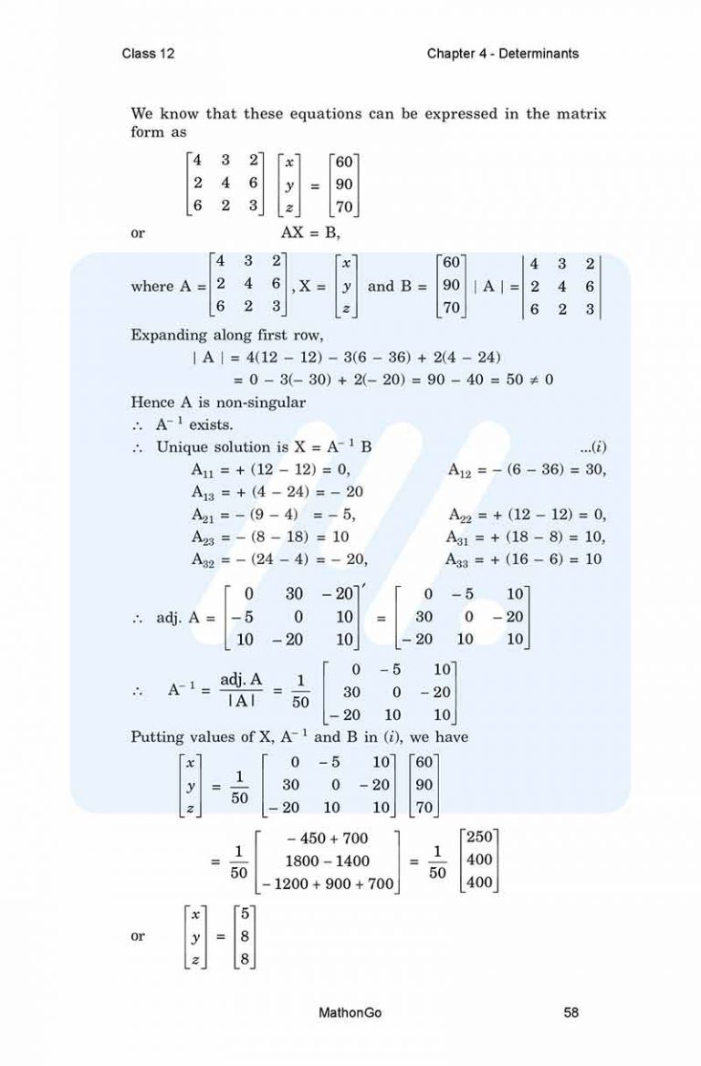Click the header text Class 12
tap(148, 54)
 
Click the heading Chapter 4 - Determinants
tap(503, 54)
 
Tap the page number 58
tap(571, 1012)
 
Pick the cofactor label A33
tap(463, 559)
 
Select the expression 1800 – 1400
tap(327, 861)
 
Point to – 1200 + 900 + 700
tap(327, 883)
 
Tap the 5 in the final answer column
tap(246, 914)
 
